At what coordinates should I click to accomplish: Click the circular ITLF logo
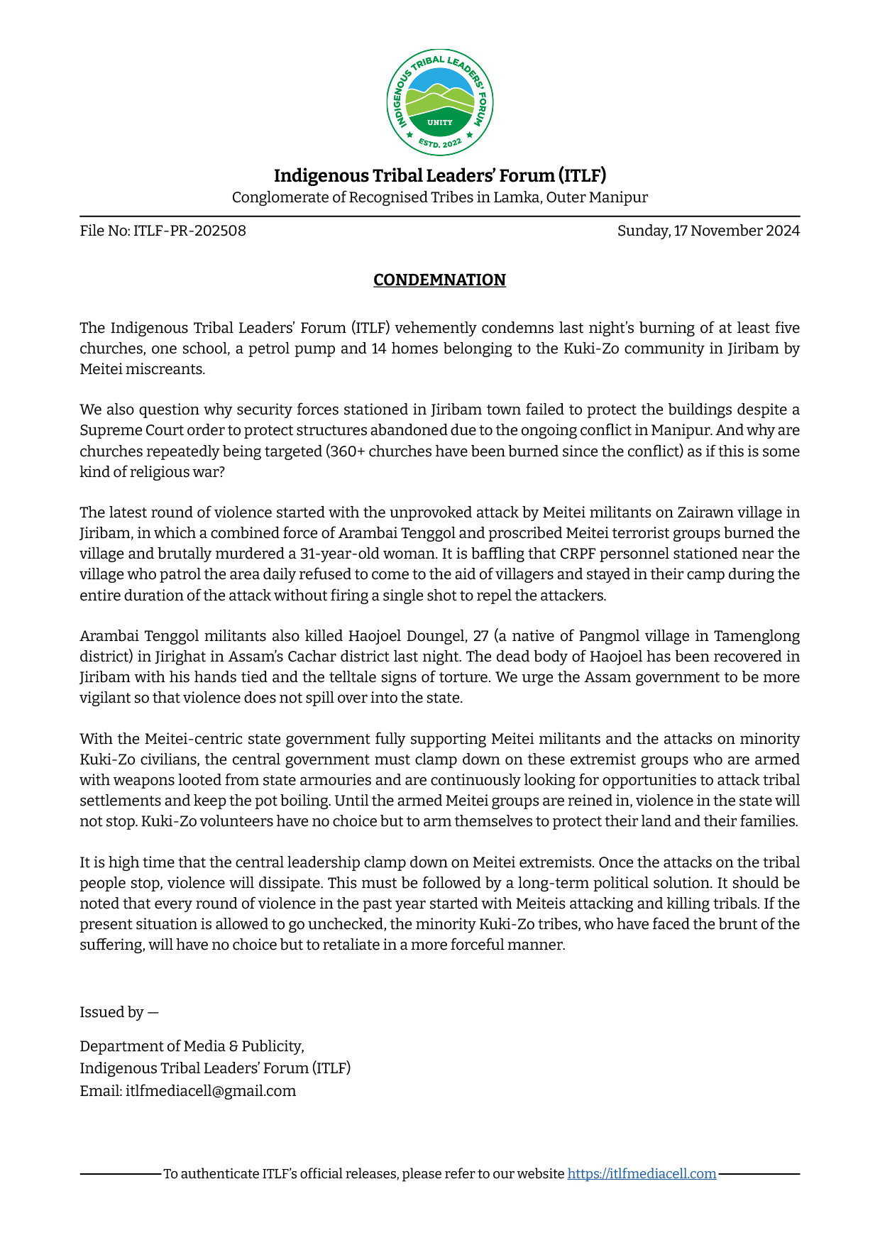click(x=440, y=102)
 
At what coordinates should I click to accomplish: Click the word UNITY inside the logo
click(x=440, y=122)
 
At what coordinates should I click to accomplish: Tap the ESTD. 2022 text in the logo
click(x=440, y=143)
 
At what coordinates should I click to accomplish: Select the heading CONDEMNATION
click(x=439, y=280)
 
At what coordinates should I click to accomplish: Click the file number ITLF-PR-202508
click(x=189, y=231)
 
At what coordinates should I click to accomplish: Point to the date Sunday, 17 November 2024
click(x=708, y=231)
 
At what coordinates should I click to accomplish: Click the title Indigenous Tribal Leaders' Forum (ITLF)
click(x=440, y=175)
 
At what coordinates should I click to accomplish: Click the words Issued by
click(x=111, y=1012)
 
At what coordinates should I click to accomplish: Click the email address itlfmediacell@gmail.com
click(x=211, y=1091)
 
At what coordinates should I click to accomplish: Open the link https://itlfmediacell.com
click(x=642, y=1174)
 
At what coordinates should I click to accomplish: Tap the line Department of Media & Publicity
click(x=192, y=1046)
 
